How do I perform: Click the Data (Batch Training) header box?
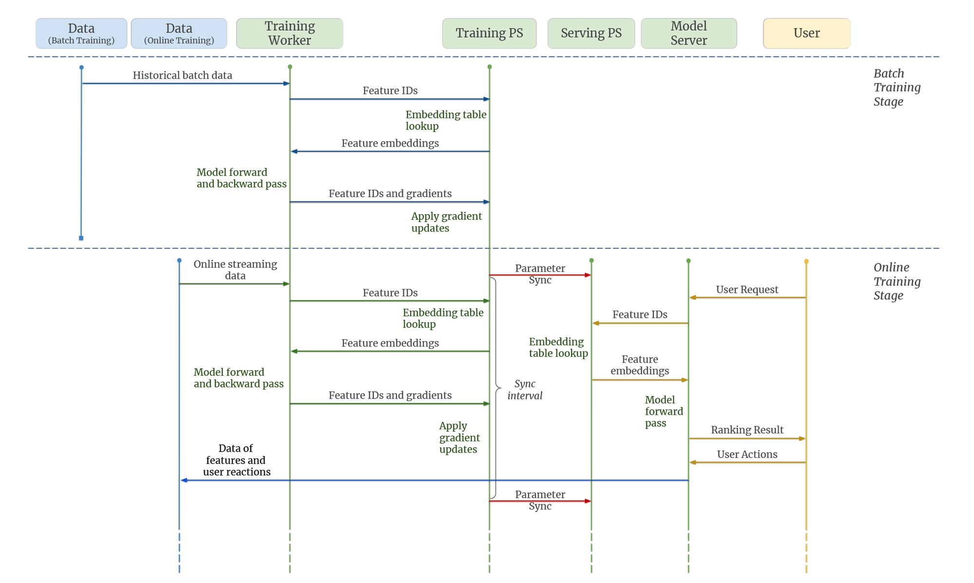[x=81, y=34]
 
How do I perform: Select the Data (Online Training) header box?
[x=179, y=34]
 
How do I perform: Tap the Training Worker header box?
[x=289, y=34]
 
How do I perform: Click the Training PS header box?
[x=489, y=34]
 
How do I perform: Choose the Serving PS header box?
[x=591, y=34]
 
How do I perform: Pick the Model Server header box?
[x=689, y=34]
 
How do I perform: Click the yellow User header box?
[x=806, y=34]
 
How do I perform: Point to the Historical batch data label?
[x=182, y=75]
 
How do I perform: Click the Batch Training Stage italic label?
[x=897, y=88]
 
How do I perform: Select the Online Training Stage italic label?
[x=897, y=281]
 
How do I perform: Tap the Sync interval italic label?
[x=524, y=390]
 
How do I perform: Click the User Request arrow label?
[x=747, y=290]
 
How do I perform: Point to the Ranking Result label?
[x=747, y=430]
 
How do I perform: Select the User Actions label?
[x=747, y=454]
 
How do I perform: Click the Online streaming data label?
[x=235, y=270]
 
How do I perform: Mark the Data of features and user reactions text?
[x=236, y=460]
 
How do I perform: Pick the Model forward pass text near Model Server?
[x=663, y=411]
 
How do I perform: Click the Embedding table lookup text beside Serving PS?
[x=558, y=347]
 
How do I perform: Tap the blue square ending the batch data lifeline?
[x=81, y=238]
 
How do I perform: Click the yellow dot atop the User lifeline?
[x=806, y=261]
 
